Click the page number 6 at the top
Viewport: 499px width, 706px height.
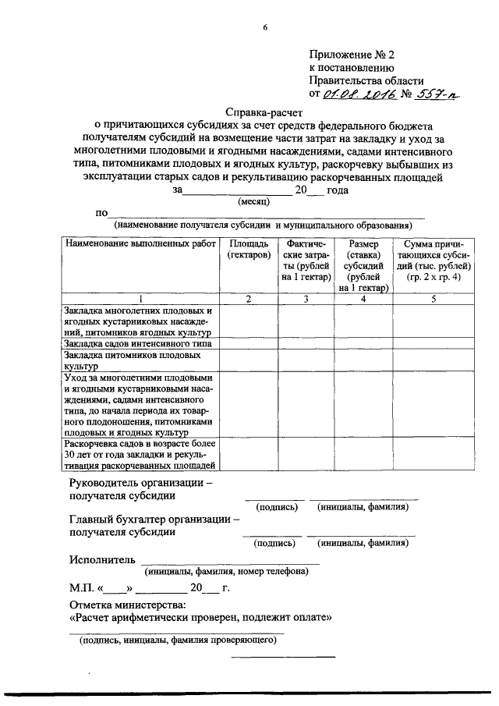click(x=265, y=28)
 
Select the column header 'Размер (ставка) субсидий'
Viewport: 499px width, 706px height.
click(x=363, y=265)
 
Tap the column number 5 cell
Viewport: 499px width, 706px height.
click(x=433, y=299)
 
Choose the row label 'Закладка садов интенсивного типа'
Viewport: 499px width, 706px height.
click(x=139, y=342)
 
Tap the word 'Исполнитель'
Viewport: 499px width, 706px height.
click(x=101, y=559)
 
